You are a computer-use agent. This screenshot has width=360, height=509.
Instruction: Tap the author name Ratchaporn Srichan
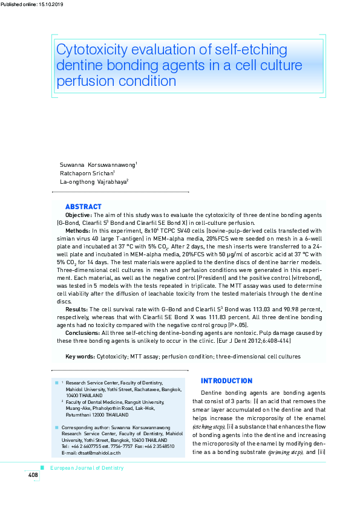[x=87, y=173]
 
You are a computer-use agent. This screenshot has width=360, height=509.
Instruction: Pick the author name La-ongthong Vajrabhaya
[x=93, y=181]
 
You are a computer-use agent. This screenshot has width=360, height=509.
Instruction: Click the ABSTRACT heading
[x=83, y=207]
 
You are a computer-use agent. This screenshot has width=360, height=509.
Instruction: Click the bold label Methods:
[x=77, y=230]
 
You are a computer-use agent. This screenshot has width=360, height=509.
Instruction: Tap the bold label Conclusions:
[x=83, y=332]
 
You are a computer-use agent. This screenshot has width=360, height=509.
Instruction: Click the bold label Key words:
[x=80, y=357]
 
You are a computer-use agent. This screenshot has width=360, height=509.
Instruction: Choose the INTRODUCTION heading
[x=226, y=381]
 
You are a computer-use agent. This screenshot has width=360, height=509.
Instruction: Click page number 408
[x=33, y=475]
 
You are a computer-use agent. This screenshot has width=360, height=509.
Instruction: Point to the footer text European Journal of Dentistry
[x=87, y=468]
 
